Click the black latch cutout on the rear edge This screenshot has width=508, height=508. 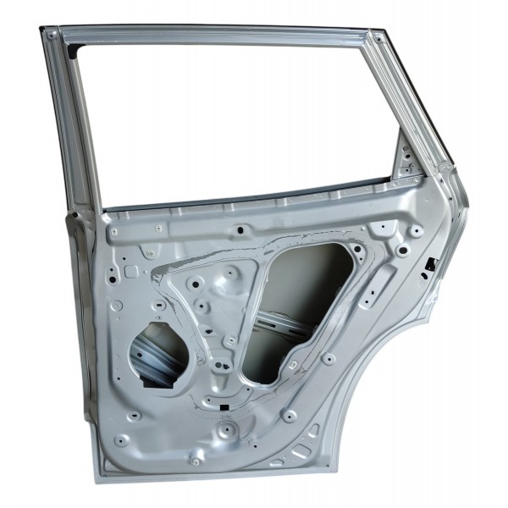coord(430,263)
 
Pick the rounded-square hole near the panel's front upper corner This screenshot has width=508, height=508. coord(131,271)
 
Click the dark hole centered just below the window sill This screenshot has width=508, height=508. coord(240,229)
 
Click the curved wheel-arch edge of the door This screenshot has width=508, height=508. coord(381,381)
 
